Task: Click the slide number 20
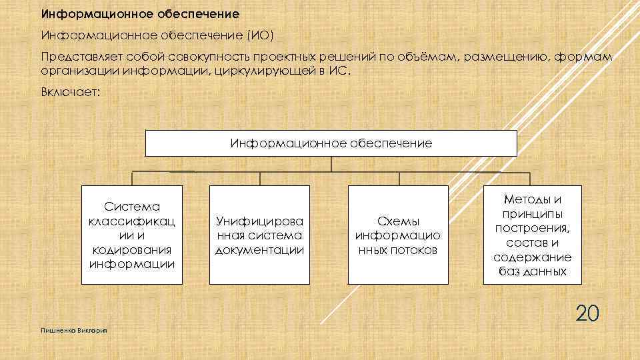pos(587,313)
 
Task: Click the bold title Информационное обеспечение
pos(140,13)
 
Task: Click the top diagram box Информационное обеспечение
pos(331,143)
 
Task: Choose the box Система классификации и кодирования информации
pos(131,235)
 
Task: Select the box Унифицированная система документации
pos(259,235)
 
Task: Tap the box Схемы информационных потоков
pos(398,235)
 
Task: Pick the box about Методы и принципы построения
pos(532,235)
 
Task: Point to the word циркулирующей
pos(261,71)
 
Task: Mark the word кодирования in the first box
pos(131,249)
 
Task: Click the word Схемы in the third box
pos(398,221)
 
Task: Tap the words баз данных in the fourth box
pos(532,271)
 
